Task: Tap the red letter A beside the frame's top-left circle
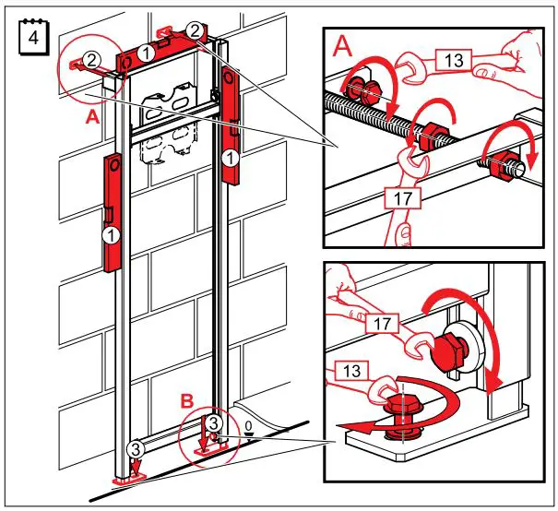click(x=91, y=118)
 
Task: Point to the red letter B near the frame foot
click(x=186, y=402)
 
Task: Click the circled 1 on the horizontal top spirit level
click(x=147, y=54)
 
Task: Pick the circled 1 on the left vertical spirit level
click(x=111, y=236)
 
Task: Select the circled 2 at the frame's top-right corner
click(x=195, y=30)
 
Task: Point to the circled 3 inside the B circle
click(x=213, y=423)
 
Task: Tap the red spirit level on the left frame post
click(x=111, y=212)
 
